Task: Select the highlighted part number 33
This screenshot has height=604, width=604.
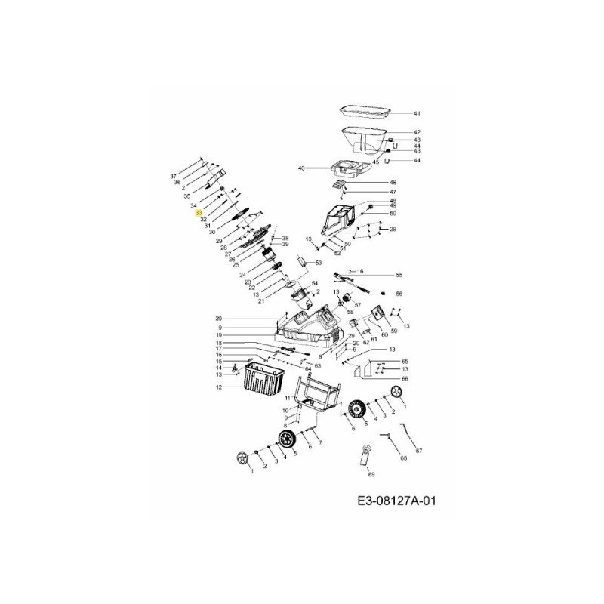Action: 198,214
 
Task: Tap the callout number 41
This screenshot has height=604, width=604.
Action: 416,113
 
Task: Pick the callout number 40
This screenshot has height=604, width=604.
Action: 300,168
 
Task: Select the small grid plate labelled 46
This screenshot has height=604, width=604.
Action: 341,183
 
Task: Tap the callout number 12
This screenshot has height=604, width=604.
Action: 219,387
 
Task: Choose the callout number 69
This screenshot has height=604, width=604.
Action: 371,474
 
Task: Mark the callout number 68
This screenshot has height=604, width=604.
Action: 403,458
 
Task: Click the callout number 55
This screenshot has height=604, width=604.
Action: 399,276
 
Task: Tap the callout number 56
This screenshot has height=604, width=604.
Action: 399,294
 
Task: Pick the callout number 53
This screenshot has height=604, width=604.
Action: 319,263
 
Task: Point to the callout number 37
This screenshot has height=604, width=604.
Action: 173,176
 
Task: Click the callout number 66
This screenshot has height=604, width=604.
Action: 404,378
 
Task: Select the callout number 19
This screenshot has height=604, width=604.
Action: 219,335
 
